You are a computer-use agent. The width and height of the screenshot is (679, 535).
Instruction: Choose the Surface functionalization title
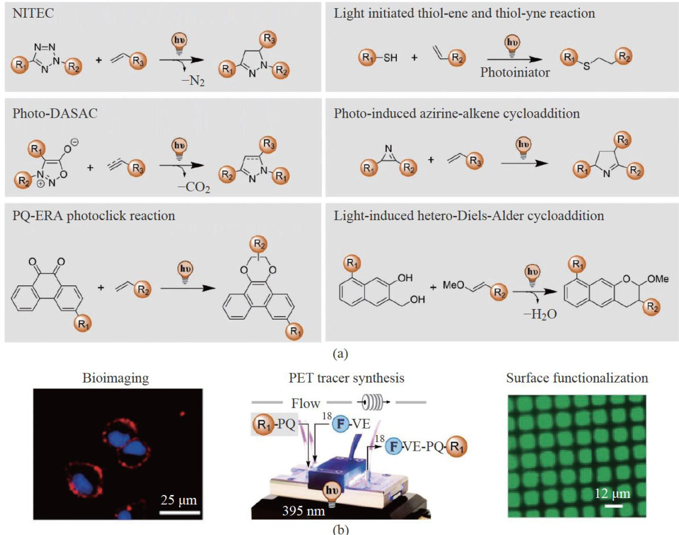(577, 378)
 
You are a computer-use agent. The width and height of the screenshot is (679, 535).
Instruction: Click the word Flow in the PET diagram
(305, 403)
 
